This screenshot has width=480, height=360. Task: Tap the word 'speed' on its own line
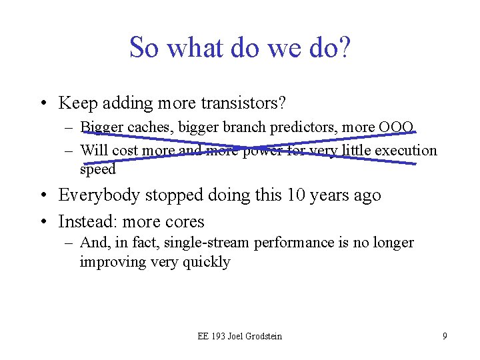click(97, 169)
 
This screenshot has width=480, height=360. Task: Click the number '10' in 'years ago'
click(297, 195)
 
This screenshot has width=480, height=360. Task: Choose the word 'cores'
click(185, 221)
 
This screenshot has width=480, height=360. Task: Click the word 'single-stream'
click(199, 243)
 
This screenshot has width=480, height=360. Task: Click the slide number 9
click(445, 336)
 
